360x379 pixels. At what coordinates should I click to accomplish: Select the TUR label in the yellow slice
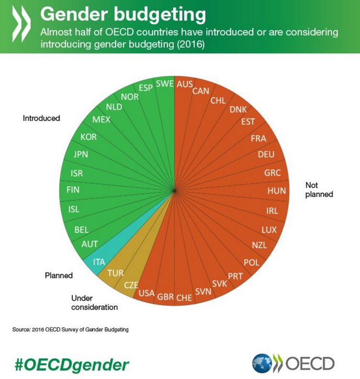click(x=115, y=273)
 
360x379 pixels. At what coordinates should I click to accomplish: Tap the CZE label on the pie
click(x=131, y=284)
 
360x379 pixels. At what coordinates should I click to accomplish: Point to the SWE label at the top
click(x=165, y=83)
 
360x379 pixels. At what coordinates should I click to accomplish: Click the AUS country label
click(x=185, y=84)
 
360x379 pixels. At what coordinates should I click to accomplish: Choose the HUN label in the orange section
click(x=276, y=190)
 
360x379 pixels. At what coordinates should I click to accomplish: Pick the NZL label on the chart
click(x=260, y=245)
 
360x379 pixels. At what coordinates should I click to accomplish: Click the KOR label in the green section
click(x=88, y=137)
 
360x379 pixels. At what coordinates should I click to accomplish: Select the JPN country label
click(x=81, y=154)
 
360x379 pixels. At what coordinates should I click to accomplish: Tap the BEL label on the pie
click(x=81, y=230)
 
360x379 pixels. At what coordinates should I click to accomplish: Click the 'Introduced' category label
click(x=41, y=118)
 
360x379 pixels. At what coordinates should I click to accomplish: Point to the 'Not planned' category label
click(x=319, y=189)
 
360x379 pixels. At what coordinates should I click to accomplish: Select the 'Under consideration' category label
click(x=94, y=302)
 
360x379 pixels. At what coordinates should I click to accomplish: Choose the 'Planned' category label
click(x=59, y=275)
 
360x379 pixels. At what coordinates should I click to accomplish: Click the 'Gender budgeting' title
click(x=123, y=14)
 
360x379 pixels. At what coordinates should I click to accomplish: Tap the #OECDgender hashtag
click(x=72, y=365)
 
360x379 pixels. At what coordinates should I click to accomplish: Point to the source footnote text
click(x=71, y=330)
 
